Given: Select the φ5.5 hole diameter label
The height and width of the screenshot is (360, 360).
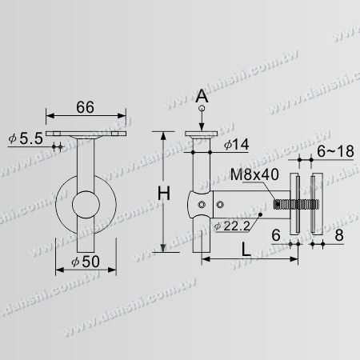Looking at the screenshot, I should click(x=26, y=138).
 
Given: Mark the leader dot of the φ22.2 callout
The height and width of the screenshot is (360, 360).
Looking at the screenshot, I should click(x=262, y=216).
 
